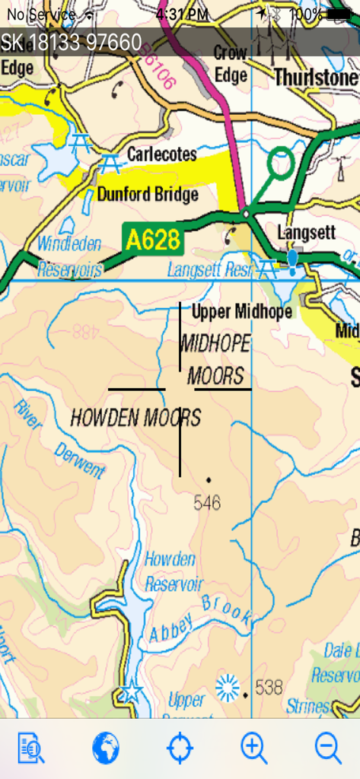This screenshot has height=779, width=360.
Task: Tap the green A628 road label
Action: click(x=152, y=240)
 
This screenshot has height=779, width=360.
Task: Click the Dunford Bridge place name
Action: click(x=148, y=194)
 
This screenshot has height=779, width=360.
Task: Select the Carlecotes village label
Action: click(x=161, y=154)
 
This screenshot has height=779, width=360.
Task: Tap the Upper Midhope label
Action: click(x=242, y=311)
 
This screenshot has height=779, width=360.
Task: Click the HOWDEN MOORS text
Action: click(x=135, y=417)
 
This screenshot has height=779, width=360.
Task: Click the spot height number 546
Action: click(x=207, y=502)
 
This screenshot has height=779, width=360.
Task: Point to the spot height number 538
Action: click(x=269, y=688)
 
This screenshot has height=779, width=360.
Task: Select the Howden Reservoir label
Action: click(x=174, y=571)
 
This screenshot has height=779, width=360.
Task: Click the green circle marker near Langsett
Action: click(x=281, y=163)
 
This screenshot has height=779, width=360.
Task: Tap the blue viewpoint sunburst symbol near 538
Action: click(x=227, y=688)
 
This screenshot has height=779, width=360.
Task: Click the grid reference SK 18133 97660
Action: click(x=72, y=42)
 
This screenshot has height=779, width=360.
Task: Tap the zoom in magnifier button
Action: click(x=253, y=749)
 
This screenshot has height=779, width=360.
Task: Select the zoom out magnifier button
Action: click(x=328, y=749)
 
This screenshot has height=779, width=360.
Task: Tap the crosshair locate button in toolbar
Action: click(x=180, y=749)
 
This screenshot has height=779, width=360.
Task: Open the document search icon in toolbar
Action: click(x=31, y=749)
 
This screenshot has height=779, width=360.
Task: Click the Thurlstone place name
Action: click(x=315, y=78)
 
